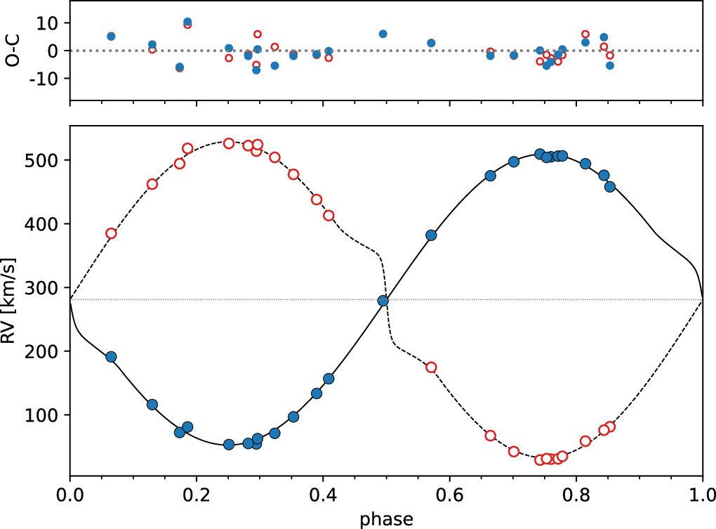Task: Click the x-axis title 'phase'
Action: (386, 518)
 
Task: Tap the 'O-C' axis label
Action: (10, 51)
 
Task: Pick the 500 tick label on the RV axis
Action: (46, 160)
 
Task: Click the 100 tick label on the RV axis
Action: (46, 414)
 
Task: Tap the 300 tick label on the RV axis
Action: (46, 287)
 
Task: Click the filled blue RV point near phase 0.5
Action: (383, 301)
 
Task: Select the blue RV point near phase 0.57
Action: (431, 235)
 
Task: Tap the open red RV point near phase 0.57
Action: (431, 367)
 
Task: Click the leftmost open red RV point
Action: (111, 233)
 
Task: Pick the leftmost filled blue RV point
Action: (111, 357)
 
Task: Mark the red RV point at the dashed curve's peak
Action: (229, 143)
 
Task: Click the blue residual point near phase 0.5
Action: (383, 34)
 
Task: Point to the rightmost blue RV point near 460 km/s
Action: (610, 187)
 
